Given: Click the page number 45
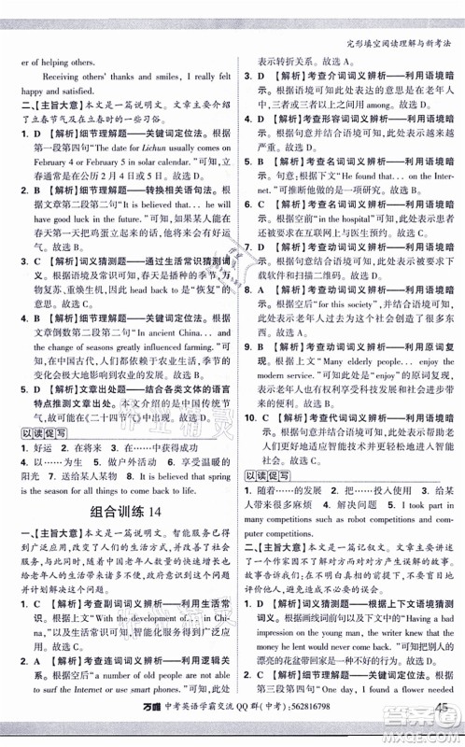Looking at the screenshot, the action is point(438,723).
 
